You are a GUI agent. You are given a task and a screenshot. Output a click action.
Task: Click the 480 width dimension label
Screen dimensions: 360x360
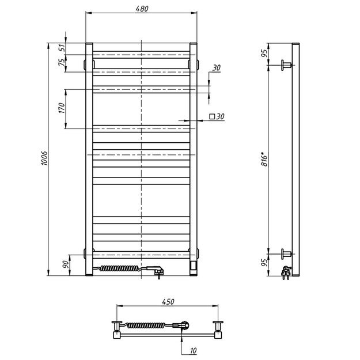click(142, 9)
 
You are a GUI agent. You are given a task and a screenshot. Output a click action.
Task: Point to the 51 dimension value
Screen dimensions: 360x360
click(62, 48)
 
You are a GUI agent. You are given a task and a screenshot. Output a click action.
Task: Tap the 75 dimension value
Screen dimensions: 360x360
click(62, 63)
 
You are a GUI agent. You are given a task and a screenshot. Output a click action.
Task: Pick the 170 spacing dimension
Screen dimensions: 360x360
click(62, 108)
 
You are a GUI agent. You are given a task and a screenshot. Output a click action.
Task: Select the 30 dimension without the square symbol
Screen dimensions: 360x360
click(216, 68)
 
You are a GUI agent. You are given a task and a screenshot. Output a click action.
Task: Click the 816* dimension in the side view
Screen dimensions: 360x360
click(264, 157)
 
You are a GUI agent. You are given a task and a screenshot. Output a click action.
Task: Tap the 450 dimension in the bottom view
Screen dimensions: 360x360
click(167, 302)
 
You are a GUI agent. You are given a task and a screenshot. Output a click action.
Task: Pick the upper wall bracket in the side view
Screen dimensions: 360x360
click(286, 63)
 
